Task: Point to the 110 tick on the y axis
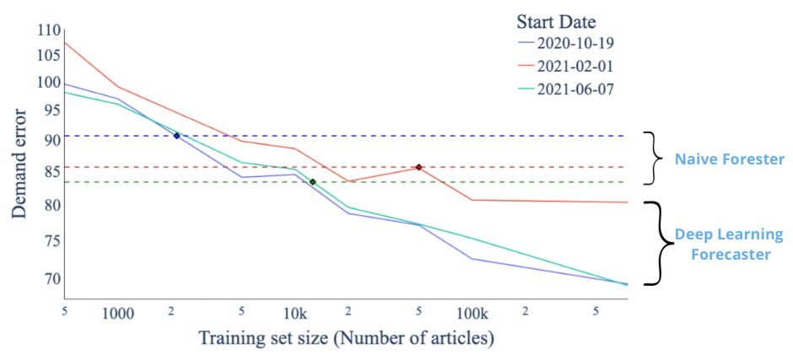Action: pyautogui.click(x=50, y=30)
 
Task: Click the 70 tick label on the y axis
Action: pyautogui.click(x=52, y=278)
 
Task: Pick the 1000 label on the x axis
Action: pyautogui.click(x=118, y=314)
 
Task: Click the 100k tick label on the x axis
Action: pyautogui.click(x=472, y=314)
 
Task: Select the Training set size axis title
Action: pyautogui.click(x=346, y=340)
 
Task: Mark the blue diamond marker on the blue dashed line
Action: pyautogui.click(x=176, y=136)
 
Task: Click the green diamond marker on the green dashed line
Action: pyautogui.click(x=312, y=182)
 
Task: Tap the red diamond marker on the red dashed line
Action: pyautogui.click(x=418, y=167)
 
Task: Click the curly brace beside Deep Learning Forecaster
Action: pyautogui.click(x=660, y=244)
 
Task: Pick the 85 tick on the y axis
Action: pyautogui.click(x=52, y=173)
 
